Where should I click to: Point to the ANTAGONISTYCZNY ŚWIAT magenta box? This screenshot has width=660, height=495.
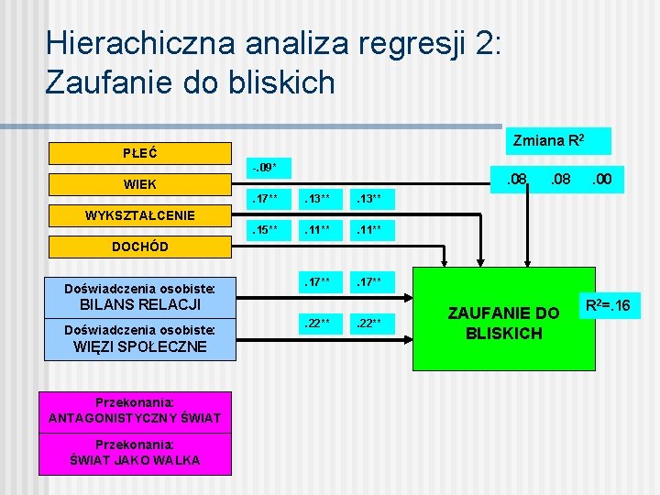point(135,410)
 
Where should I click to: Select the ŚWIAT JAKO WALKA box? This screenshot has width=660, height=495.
point(135,453)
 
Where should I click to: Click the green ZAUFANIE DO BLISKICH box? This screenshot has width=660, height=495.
point(503,319)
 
